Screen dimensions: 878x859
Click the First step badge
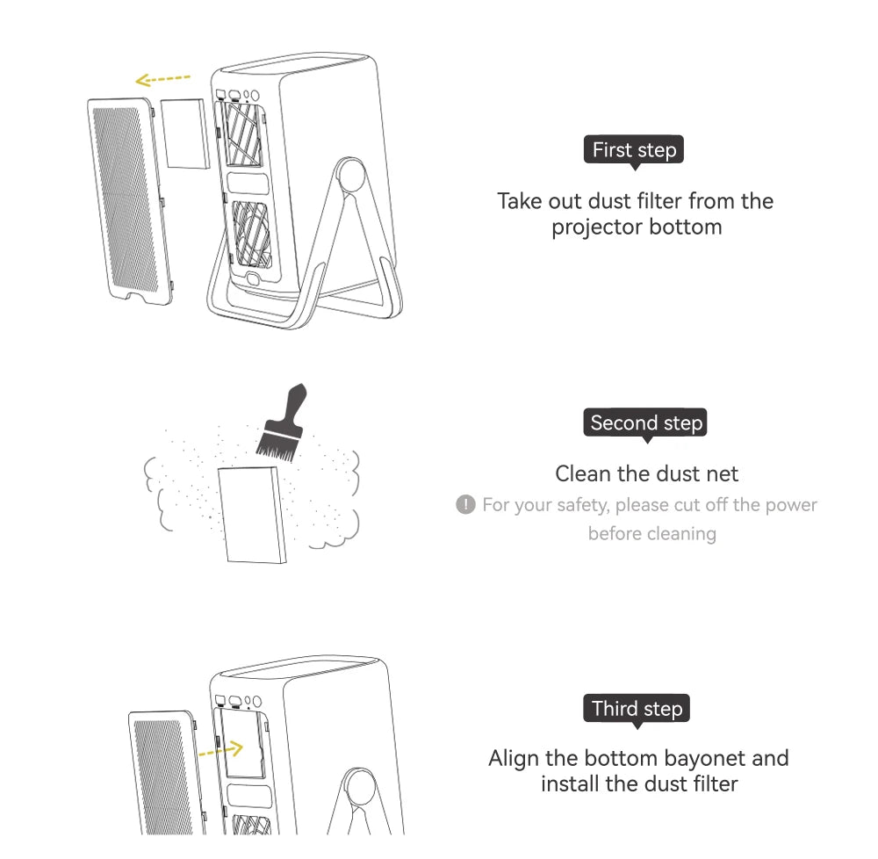point(633,150)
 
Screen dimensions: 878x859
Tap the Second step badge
point(645,422)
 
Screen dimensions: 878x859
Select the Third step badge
point(637,709)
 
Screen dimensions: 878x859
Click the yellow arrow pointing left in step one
point(162,80)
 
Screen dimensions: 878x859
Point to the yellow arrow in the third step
point(220,750)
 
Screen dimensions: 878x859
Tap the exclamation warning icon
point(465,504)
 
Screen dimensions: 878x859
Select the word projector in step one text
point(597,227)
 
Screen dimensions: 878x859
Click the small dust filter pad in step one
point(184,134)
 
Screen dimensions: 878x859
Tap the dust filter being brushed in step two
point(253,515)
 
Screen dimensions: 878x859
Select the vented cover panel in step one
point(130,202)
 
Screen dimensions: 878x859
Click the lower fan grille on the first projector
point(251,234)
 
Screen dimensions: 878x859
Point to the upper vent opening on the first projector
point(243,134)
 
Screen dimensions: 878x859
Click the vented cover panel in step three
point(166,773)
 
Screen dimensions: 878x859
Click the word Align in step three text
point(514,759)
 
